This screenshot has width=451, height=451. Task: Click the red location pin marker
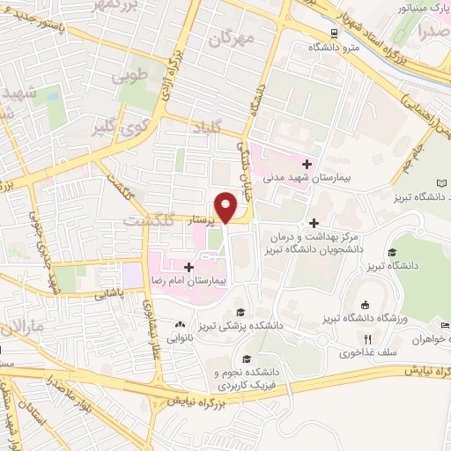click(227, 206)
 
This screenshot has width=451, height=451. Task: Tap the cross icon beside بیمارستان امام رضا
click(189, 266)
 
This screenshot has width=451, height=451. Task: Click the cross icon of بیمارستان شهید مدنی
click(307, 164)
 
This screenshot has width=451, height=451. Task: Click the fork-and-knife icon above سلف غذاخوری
click(368, 338)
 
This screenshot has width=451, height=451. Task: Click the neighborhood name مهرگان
click(233, 40)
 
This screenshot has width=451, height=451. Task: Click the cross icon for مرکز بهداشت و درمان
click(314, 222)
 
